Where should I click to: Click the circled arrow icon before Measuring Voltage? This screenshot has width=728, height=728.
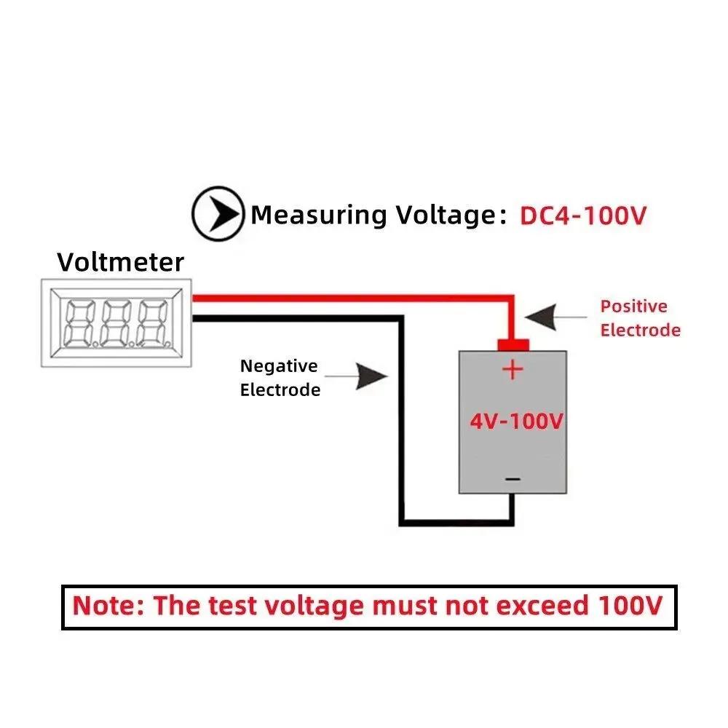pos(218,214)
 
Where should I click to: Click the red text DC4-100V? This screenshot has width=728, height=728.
pos(582,215)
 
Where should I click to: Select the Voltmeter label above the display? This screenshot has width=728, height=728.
pos(121,261)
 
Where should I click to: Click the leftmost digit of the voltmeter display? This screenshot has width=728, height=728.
pos(79,323)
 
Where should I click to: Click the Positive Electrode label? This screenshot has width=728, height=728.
pos(640,318)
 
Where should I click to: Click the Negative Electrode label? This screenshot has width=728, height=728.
pos(280,378)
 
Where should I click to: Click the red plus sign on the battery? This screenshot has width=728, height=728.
pos(513,369)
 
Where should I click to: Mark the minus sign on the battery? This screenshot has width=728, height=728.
pos(513,478)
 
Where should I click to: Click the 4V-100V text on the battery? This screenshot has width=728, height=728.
pos(515,422)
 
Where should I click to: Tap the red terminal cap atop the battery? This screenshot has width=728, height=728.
pos(513,344)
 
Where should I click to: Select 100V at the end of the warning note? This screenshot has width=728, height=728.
pos(630,606)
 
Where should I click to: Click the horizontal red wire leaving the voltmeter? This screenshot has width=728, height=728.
pos(349,298)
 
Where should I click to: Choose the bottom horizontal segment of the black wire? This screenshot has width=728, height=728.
pos(455,521)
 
